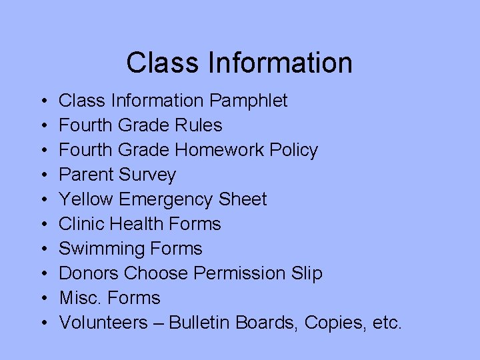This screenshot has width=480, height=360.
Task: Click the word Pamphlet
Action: click(248, 101)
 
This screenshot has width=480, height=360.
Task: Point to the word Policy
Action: click(294, 151)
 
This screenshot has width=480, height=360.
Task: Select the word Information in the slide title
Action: click(279, 63)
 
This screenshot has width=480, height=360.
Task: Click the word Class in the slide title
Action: click(163, 63)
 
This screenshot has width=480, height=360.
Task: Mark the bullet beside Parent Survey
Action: click(43, 175)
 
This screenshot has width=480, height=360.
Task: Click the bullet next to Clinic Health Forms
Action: click(43, 225)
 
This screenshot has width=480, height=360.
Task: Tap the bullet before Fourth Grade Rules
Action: click(43, 126)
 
